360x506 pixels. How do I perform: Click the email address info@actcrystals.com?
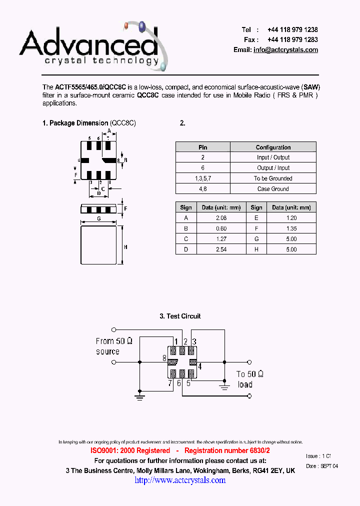pyautogui.click(x=285, y=50)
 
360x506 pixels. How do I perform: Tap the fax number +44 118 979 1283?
pyautogui.click(x=292, y=39)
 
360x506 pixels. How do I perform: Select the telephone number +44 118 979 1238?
pyautogui.click(x=292, y=29)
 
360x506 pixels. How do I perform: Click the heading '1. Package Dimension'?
pyautogui.click(x=75, y=123)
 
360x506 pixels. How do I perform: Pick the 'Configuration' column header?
pyautogui.click(x=273, y=147)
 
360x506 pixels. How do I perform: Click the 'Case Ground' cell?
pyautogui.click(x=273, y=189)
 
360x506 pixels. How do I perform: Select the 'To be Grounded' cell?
pyautogui.click(x=273, y=178)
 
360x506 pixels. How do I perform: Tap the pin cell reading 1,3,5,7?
pyautogui.click(x=202, y=178)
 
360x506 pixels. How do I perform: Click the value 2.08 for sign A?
pyautogui.click(x=220, y=218)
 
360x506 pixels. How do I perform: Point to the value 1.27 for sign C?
pyautogui.click(x=220, y=239)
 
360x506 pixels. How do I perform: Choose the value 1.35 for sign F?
pyautogui.click(x=291, y=228)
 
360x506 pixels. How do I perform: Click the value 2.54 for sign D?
pyautogui.click(x=220, y=249)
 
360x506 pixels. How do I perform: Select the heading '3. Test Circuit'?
pyautogui.click(x=180, y=316)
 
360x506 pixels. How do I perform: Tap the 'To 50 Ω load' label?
pyautogui.click(x=249, y=379)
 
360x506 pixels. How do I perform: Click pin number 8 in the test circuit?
pyautogui.click(x=164, y=358)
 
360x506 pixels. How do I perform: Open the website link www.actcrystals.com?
pyautogui.click(x=180, y=480)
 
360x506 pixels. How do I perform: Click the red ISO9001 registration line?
pyautogui.click(x=180, y=450)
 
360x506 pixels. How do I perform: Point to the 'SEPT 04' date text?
pyautogui.click(x=329, y=466)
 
